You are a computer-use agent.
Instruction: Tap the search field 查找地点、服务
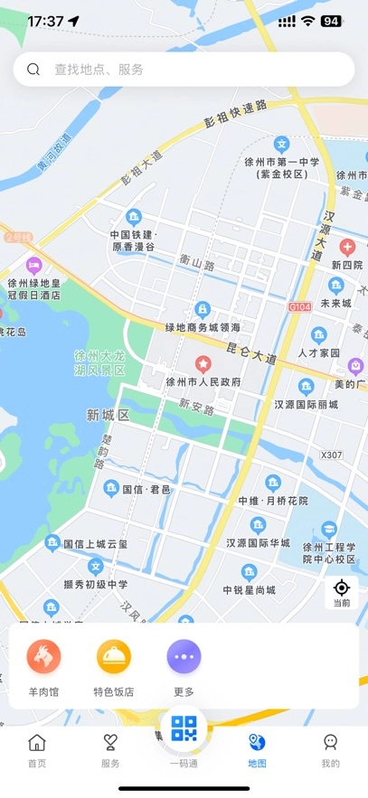tap(181, 70)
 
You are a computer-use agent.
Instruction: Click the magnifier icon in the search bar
tap(33, 70)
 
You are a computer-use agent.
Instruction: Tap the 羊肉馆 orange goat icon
tap(43, 657)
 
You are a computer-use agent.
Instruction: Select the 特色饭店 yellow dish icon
tap(114, 657)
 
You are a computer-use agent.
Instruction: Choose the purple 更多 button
tap(184, 657)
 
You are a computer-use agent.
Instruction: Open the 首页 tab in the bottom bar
tap(37, 750)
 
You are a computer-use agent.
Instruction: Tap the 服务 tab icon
tap(110, 744)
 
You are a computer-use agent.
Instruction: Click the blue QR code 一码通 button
tap(184, 728)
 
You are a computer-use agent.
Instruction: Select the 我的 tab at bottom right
tap(330, 750)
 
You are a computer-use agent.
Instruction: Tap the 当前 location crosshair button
tap(341, 593)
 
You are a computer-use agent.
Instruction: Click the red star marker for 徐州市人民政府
tap(203, 364)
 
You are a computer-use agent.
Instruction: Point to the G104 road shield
tap(298, 308)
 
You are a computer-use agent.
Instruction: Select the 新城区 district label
tap(109, 415)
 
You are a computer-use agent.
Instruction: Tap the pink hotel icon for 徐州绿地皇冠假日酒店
tap(34, 266)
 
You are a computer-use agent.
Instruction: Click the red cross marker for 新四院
tap(347, 247)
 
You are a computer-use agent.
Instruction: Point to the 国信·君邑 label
tap(146, 489)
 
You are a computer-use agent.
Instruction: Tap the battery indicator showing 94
tap(331, 21)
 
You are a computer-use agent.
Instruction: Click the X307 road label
tap(332, 455)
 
